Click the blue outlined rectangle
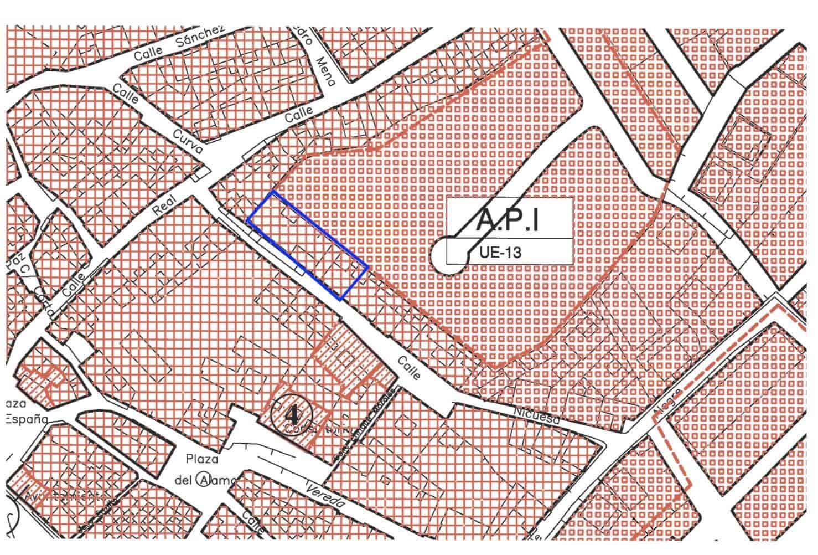308,245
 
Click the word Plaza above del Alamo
202,459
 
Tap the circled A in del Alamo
205,480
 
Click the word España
26,419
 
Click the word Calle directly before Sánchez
148,53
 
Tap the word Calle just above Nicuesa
409,368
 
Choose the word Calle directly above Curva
125,92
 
